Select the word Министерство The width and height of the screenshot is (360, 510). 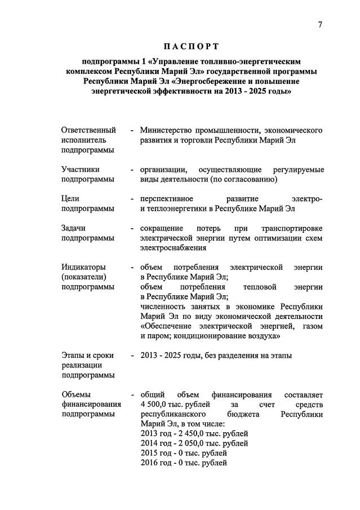coord(167,130)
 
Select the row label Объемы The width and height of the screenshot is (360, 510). coord(75,394)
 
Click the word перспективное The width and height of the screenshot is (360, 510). coord(167,198)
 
